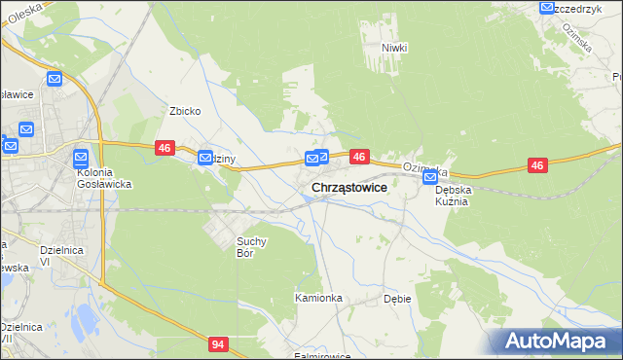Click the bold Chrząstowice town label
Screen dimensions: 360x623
pos(349,188)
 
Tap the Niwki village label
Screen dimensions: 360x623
pos(394,48)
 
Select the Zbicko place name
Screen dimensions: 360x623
pos(185,111)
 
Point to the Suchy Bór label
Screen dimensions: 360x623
pos(251,247)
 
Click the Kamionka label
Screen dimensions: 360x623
pos(318,298)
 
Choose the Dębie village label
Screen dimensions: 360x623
pos(397,299)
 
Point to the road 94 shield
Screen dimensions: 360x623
pos(221,343)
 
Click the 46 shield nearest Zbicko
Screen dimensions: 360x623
pos(164,147)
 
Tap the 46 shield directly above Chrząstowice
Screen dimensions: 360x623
pos(359,156)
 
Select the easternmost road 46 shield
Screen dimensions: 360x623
pos(537,166)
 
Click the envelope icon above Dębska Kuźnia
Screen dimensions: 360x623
pos(430,178)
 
